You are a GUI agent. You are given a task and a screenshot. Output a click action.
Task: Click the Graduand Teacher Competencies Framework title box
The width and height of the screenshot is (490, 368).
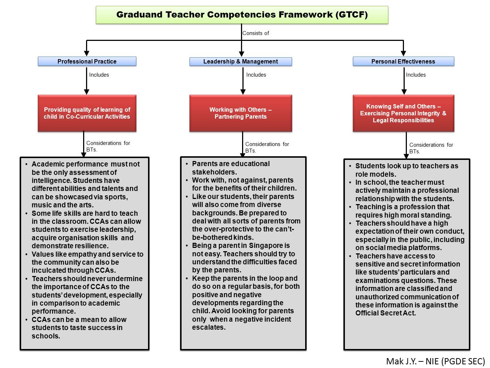point(242,15)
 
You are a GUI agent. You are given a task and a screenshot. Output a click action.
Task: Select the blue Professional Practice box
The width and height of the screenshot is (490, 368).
point(87,61)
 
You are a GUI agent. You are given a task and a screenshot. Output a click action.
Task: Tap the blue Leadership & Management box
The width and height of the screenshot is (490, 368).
point(241,61)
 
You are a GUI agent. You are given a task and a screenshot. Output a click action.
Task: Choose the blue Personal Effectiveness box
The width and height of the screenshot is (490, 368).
point(403,61)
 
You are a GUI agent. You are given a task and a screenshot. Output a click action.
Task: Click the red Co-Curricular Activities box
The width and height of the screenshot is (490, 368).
point(87,113)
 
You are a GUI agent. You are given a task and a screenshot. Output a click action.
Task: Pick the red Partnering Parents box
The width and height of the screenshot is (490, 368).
point(241,113)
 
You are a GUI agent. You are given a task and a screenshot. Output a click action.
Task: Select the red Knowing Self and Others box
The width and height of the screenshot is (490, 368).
point(403,113)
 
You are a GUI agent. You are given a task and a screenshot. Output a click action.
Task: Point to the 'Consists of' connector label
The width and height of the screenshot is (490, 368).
point(256,33)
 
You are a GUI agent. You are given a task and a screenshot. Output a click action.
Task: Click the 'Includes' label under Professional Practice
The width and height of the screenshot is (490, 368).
point(99,75)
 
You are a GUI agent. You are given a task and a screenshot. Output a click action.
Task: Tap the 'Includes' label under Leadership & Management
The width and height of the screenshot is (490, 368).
point(256,75)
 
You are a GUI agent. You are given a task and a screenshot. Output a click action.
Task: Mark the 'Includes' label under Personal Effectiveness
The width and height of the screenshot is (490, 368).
point(416,75)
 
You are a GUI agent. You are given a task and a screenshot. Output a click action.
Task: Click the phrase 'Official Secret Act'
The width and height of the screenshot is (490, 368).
point(385,313)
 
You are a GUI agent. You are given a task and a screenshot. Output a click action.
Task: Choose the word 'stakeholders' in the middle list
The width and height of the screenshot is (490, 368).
point(214,172)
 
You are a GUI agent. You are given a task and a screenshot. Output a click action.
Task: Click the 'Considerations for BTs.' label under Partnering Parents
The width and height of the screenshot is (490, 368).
point(267,147)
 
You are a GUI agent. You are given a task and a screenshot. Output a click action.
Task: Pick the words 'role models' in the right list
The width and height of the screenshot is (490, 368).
point(376,174)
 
